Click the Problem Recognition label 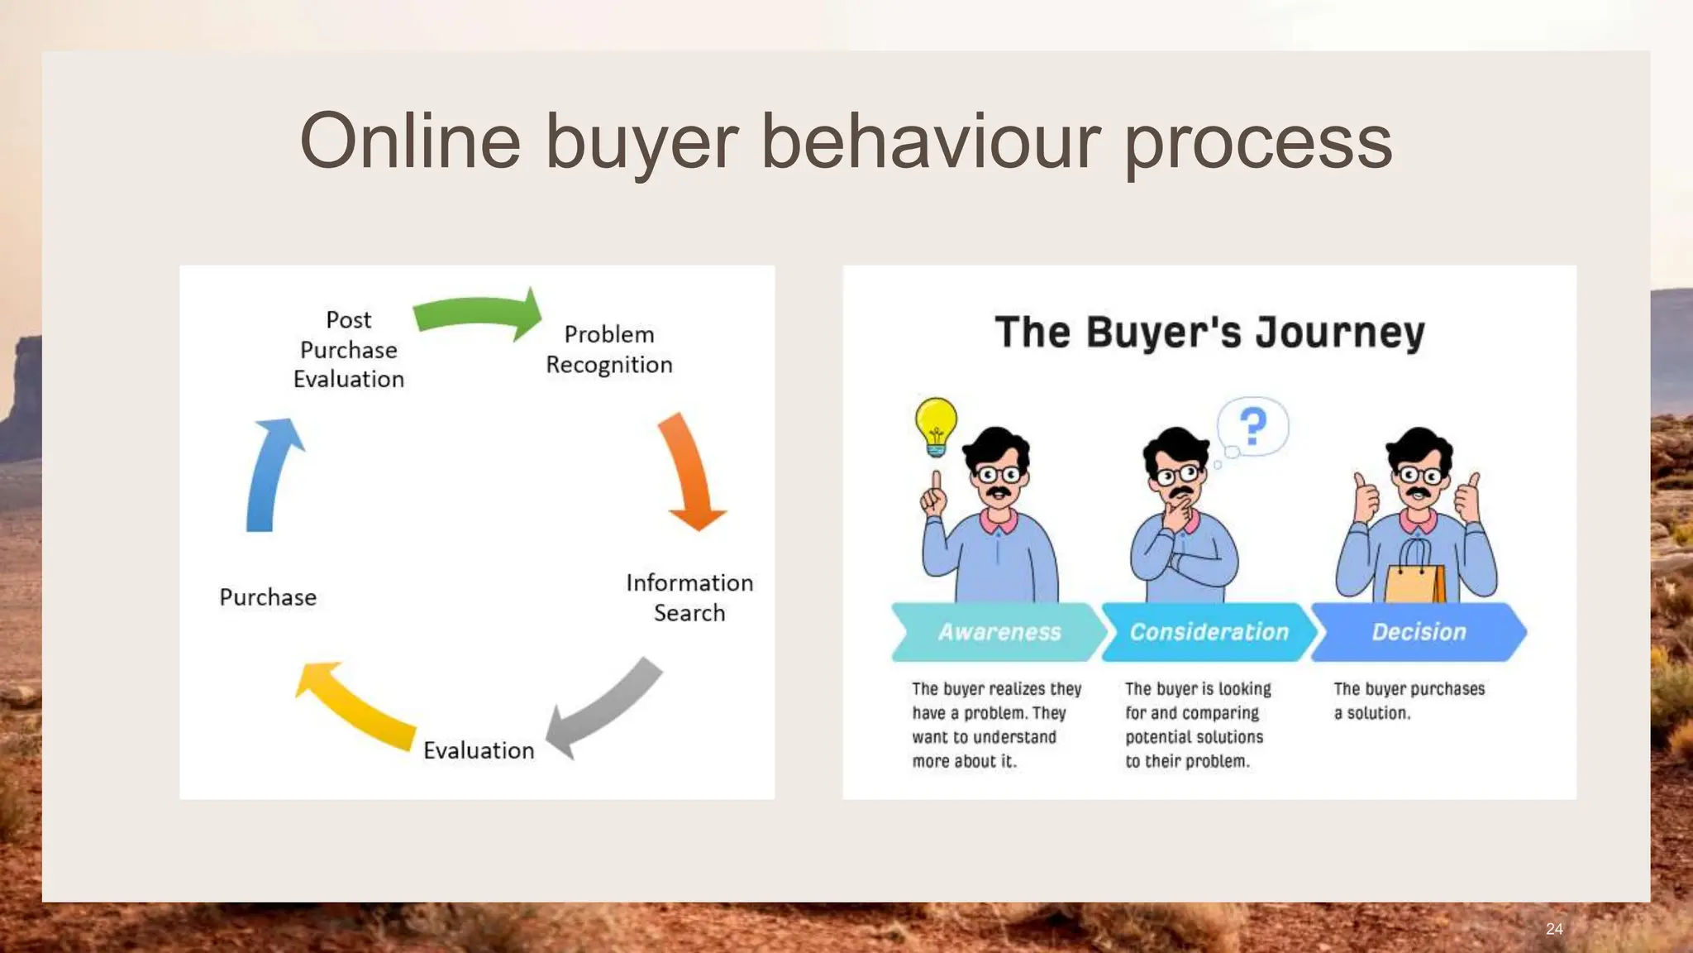click(609, 349)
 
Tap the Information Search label click(689, 597)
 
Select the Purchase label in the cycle click(268, 597)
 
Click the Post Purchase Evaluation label click(349, 349)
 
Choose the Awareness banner click(999, 632)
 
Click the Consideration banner click(1209, 632)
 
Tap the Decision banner click(1419, 632)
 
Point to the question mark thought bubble click(1253, 426)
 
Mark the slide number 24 click(1554, 929)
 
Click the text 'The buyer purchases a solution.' click(1409, 701)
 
